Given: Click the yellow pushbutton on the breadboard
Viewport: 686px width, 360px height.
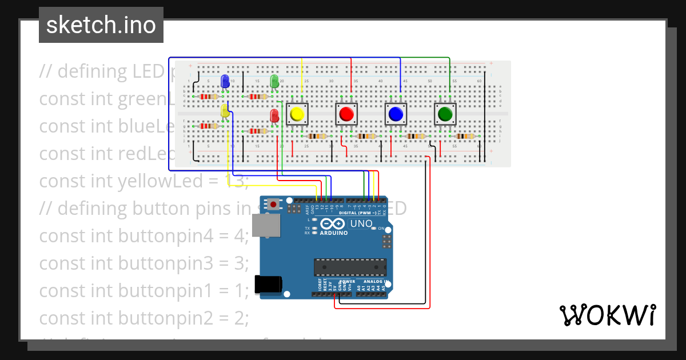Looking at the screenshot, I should pyautogui.click(x=296, y=114).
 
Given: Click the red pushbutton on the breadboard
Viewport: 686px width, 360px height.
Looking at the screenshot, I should pyautogui.click(x=346, y=114).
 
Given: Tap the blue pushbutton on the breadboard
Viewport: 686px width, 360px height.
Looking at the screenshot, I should pyautogui.click(x=395, y=114).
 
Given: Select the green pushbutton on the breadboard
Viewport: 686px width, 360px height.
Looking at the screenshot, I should pyautogui.click(x=445, y=114).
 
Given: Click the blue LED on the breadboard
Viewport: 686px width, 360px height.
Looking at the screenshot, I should pyautogui.click(x=225, y=81).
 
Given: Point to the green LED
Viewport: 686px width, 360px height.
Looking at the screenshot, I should pyautogui.click(x=274, y=81).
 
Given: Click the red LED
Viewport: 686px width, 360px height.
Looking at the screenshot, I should pyautogui.click(x=274, y=115).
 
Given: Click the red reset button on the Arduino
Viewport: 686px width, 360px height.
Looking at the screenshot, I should pyautogui.click(x=274, y=204).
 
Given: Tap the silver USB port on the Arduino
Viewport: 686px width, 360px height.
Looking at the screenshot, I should pyautogui.click(x=267, y=226).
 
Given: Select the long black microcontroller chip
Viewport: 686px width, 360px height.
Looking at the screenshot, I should pyautogui.click(x=350, y=266).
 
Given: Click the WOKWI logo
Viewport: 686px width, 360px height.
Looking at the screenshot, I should pyautogui.click(x=607, y=315).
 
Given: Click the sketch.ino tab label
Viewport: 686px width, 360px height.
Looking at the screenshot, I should pyautogui.click(x=101, y=25).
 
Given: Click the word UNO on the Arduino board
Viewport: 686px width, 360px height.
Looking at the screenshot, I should pyautogui.click(x=361, y=223).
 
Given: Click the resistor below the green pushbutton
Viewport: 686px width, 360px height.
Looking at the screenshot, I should pyautogui.click(x=465, y=136).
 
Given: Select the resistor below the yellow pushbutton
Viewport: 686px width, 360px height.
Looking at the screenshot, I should pyautogui.click(x=317, y=136).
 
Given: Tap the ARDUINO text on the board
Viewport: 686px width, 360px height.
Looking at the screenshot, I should pyautogui.click(x=334, y=233).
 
